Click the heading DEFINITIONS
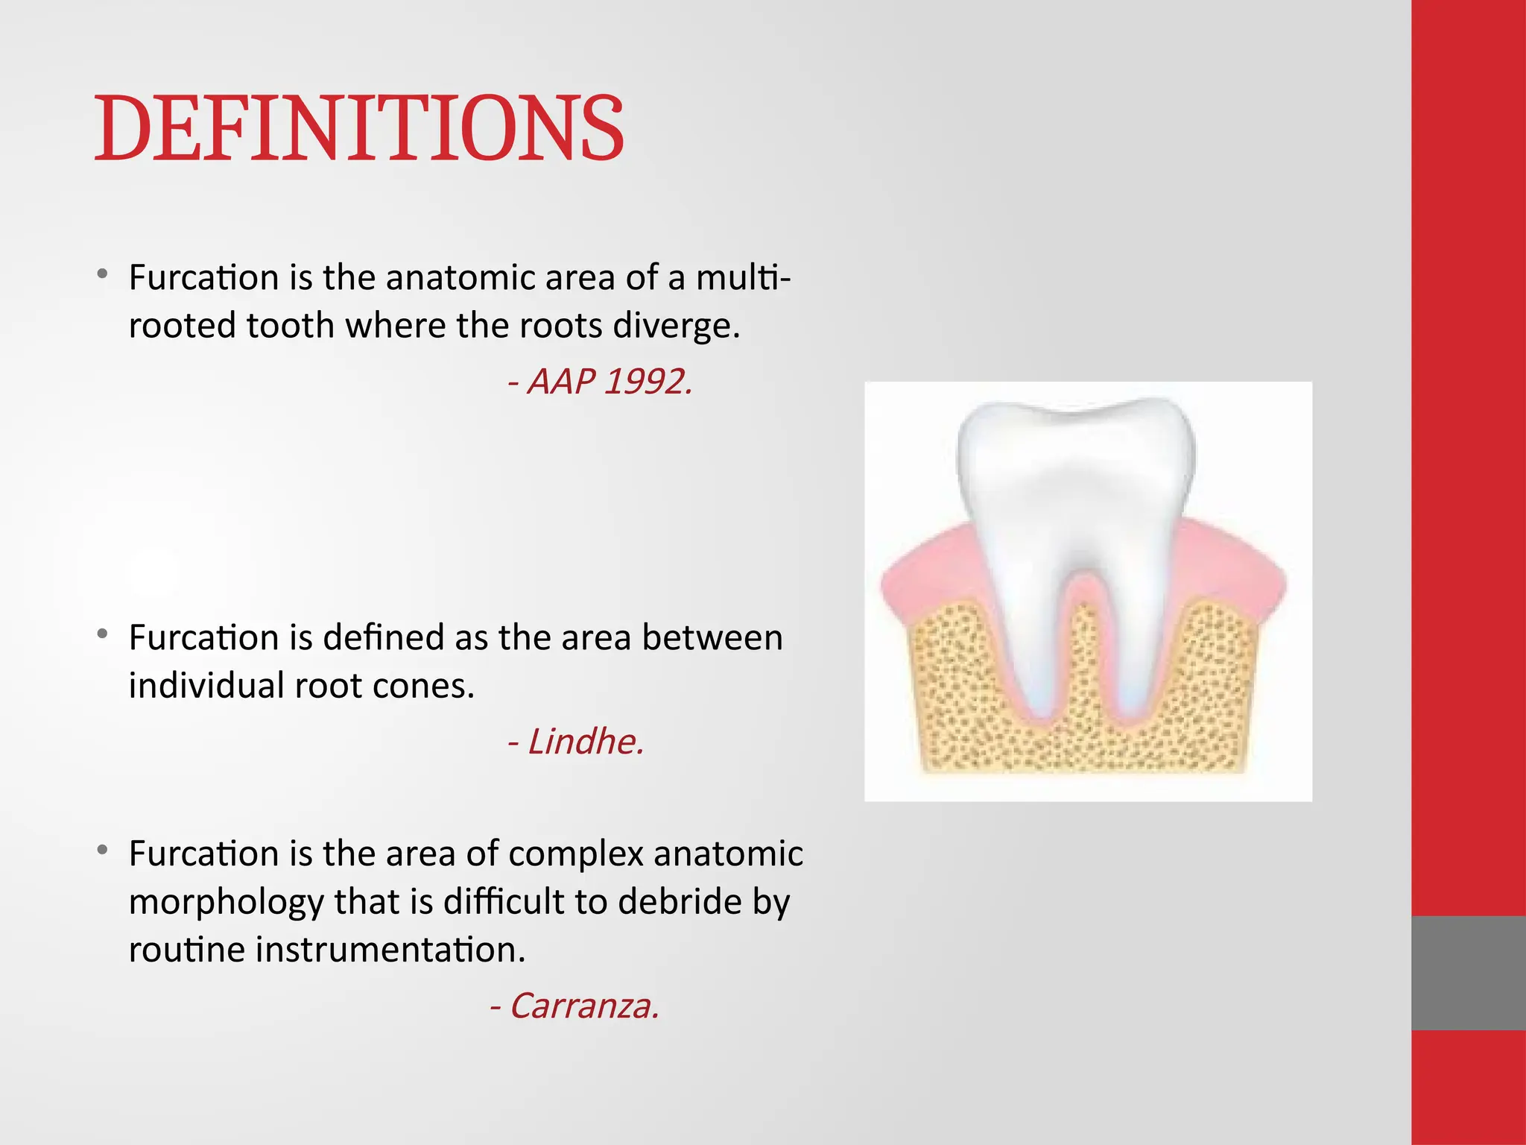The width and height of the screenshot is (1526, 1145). (358, 128)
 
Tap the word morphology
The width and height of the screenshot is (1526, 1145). (225, 902)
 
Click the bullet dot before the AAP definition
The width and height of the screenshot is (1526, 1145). (103, 274)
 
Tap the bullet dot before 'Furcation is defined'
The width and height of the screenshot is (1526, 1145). (103, 634)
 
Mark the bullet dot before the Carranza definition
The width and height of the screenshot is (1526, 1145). (103, 851)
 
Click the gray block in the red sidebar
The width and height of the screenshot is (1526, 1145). (1468, 972)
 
